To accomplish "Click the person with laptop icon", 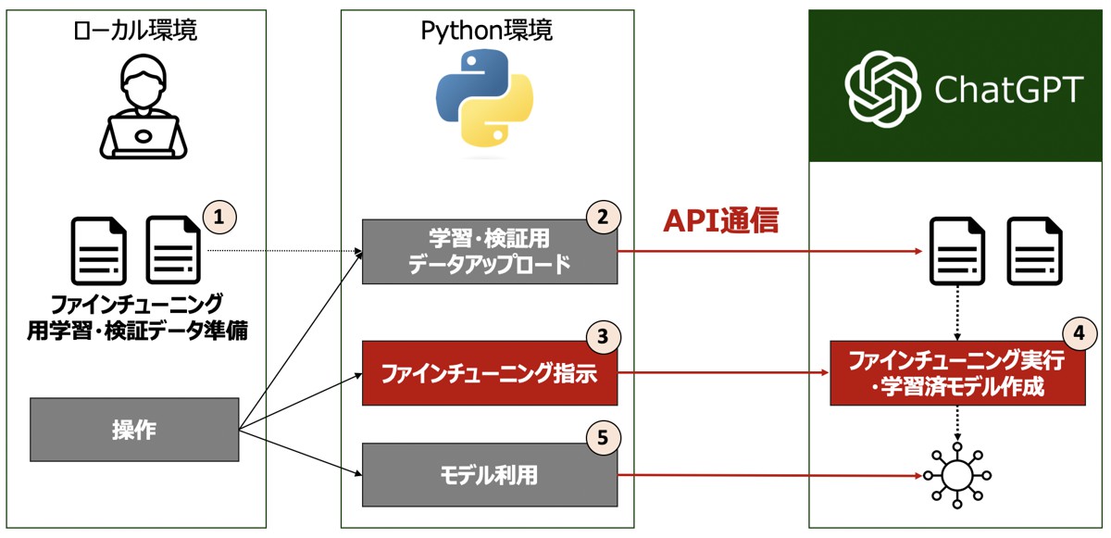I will [144, 109].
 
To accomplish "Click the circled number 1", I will [219, 219].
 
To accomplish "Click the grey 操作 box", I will [134, 430].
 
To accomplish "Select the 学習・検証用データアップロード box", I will [489, 251].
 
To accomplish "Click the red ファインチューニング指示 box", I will [489, 373].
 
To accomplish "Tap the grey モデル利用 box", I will [489, 475].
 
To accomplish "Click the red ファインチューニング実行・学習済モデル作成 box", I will [957, 373].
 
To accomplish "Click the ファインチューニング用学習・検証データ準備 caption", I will [136, 317].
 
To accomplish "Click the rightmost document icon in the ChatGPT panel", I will [1033, 251].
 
